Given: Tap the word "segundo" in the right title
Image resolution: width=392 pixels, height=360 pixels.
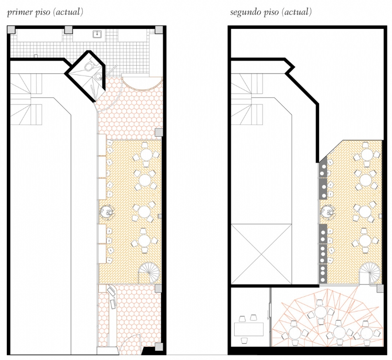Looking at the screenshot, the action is (246, 13).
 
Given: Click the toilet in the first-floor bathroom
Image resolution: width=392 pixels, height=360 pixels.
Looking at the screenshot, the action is (89, 67).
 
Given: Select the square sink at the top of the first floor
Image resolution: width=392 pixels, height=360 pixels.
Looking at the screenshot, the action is (97, 34).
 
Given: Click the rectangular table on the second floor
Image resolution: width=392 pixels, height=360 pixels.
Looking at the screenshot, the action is (249, 330).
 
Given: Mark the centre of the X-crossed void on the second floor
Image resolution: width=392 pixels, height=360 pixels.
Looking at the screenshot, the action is (261, 254).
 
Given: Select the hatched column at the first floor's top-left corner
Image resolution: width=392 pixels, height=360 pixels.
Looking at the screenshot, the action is (11, 30).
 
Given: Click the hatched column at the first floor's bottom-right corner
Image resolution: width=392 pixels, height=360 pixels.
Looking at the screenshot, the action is (159, 347).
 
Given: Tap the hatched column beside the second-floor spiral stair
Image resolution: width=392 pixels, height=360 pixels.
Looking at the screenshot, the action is (380, 288).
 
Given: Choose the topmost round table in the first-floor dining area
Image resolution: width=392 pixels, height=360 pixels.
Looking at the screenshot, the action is (146, 155).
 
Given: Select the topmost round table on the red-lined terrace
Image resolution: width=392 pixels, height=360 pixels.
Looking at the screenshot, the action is (320, 312).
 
